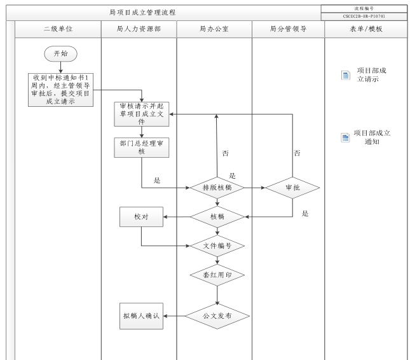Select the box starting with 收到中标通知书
tap(61, 89)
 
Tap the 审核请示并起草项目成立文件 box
tap(142, 113)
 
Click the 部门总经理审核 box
tap(142, 148)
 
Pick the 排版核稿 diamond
tap(217, 188)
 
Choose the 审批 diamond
tap(292, 188)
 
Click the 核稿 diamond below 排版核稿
tap(217, 217)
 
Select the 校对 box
tap(141, 217)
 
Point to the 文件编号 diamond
tap(217, 246)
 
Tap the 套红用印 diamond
tap(217, 275)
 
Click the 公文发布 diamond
tap(217, 315)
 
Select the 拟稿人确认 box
tap(141, 315)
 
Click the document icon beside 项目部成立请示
tap(345, 76)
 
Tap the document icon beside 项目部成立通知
tap(345, 137)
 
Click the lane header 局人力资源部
tap(139, 29)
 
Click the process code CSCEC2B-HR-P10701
tap(364, 16)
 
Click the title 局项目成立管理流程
tap(143, 12)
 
